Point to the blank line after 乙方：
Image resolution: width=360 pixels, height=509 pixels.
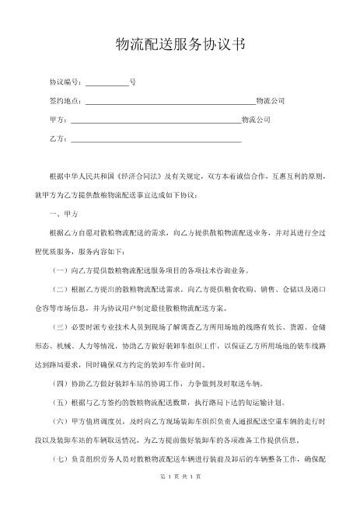click(x=156, y=140)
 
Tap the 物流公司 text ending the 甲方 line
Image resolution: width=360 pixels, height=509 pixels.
click(x=257, y=120)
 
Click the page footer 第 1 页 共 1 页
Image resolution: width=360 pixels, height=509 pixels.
click(x=180, y=497)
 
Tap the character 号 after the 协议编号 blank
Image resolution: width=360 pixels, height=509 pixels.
click(x=133, y=82)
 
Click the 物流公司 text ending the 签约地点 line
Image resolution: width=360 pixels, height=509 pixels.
click(x=271, y=102)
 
